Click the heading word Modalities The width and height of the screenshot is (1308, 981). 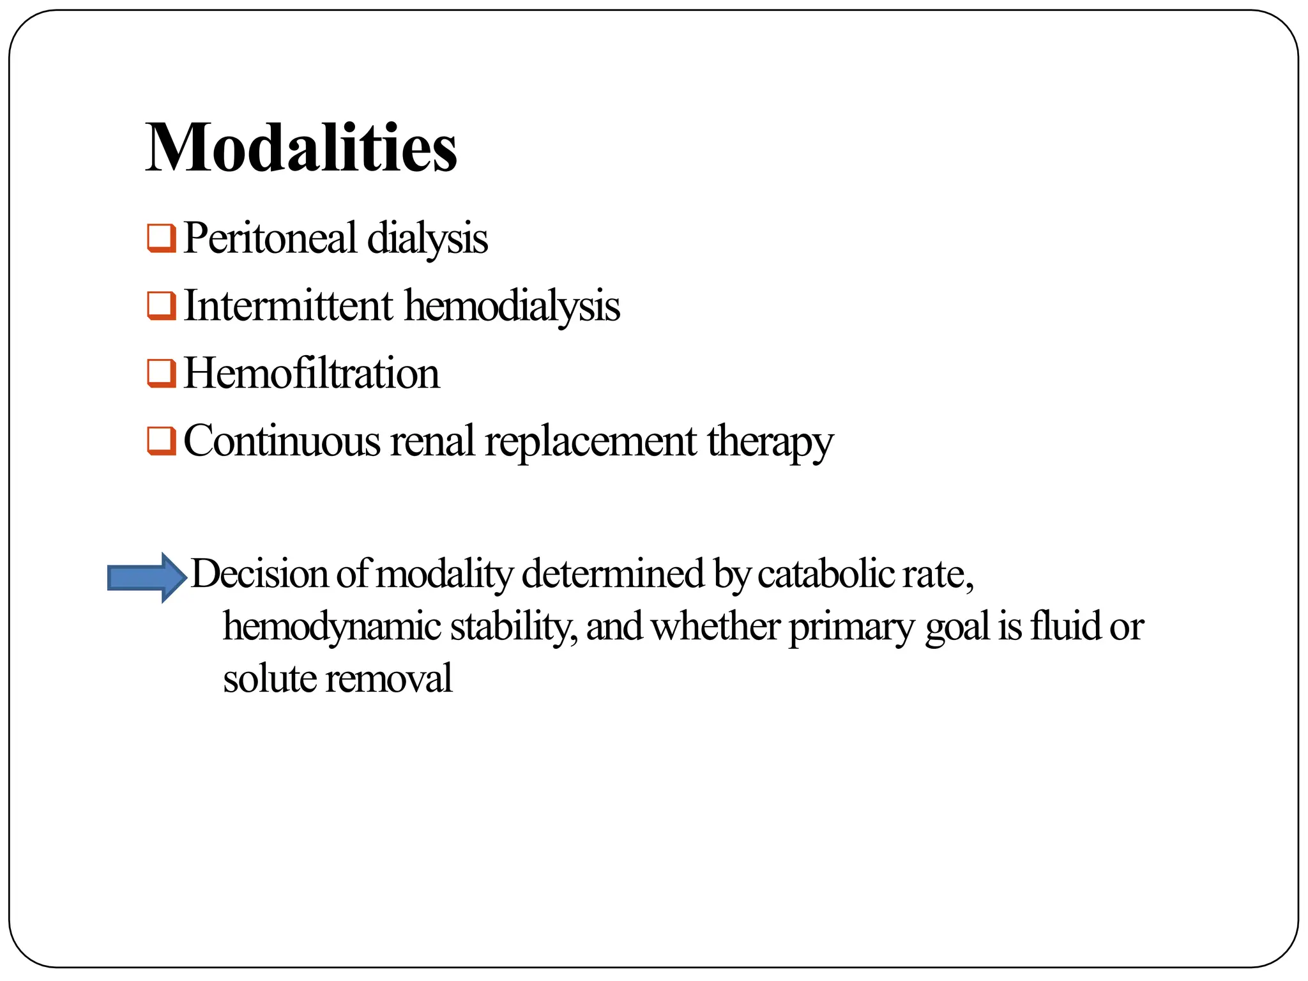301,148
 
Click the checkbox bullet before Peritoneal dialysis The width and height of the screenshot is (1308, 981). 161,238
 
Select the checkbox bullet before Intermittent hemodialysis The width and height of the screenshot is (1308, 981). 161,306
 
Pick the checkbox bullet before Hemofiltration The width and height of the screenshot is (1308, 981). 161,374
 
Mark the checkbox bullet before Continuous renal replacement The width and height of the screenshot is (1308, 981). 161,441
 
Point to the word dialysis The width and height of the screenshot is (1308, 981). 427,238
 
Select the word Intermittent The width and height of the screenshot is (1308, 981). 288,305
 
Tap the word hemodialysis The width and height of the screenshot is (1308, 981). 512,305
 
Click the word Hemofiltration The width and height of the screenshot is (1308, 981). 312,373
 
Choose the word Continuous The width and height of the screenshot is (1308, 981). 282,441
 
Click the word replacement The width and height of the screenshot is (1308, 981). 591,441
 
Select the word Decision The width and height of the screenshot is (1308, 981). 259,573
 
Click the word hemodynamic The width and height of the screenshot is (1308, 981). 331,627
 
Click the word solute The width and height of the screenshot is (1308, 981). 269,678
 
